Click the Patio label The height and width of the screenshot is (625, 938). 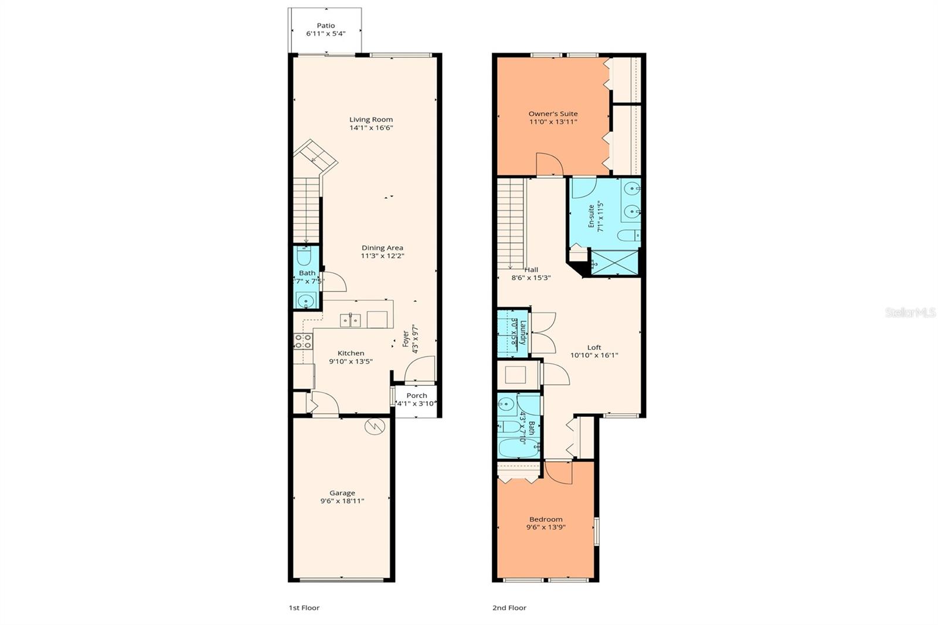tap(326, 25)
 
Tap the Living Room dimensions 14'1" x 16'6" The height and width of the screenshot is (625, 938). tap(371, 128)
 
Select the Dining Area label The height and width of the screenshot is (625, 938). tap(382, 248)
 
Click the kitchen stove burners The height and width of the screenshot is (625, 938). tap(303, 341)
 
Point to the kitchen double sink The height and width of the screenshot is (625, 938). tap(351, 320)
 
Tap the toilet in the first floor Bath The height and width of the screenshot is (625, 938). tap(305, 257)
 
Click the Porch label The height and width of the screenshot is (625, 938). tap(417, 396)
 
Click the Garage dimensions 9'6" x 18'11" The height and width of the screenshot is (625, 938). tap(342, 501)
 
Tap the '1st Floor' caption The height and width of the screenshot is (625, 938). tap(304, 608)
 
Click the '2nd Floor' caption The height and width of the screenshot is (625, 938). tap(509, 608)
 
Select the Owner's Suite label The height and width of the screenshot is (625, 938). tap(553, 114)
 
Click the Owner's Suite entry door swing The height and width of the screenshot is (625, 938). tap(549, 164)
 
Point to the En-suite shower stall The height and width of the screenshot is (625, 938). tap(614, 262)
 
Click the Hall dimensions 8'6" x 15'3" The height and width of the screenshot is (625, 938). tap(531, 278)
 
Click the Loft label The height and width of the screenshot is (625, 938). tap(594, 347)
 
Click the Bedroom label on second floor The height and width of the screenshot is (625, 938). tap(546, 519)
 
